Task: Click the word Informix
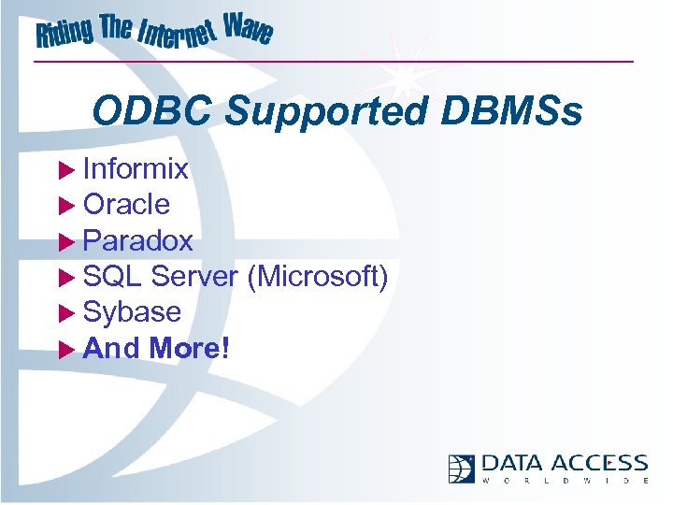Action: pos(136,169)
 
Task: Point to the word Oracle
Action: pos(126,204)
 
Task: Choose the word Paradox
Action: pos(137,240)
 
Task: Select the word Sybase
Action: pos(132,311)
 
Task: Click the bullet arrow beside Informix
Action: pos(65,170)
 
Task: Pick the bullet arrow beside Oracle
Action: pos(65,205)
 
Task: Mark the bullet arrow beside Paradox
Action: pos(65,241)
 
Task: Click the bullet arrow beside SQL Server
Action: pos(65,277)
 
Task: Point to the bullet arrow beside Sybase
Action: pos(65,312)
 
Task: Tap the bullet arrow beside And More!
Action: pos(65,349)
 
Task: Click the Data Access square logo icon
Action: pos(462,469)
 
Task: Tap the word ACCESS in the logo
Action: pos(599,463)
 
